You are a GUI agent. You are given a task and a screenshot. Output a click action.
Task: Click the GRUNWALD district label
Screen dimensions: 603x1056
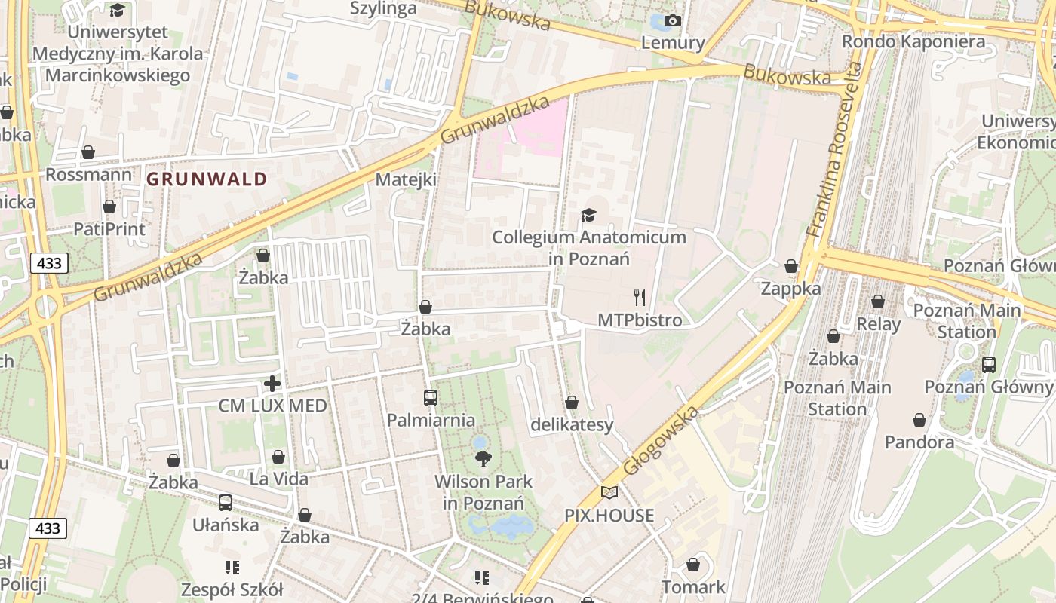click(207, 179)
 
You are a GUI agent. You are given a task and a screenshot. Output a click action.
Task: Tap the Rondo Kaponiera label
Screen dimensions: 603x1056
click(913, 41)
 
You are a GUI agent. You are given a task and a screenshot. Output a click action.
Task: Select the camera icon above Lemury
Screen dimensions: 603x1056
click(673, 21)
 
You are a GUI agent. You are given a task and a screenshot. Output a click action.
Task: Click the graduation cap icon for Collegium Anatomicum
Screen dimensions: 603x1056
click(589, 216)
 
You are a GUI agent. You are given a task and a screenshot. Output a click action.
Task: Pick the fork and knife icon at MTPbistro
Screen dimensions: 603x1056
click(640, 297)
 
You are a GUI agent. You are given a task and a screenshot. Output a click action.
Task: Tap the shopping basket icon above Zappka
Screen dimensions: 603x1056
click(791, 266)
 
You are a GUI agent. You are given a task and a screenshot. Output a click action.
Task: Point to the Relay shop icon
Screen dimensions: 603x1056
click(878, 302)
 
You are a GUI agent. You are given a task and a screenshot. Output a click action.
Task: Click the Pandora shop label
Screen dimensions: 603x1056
click(919, 442)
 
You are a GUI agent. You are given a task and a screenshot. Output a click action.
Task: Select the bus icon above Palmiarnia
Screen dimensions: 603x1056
click(431, 397)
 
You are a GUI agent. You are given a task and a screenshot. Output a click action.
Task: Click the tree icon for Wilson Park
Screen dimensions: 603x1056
click(483, 458)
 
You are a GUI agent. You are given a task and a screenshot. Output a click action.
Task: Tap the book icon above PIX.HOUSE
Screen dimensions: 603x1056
click(609, 493)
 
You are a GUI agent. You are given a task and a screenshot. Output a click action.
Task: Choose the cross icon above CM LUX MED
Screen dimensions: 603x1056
click(272, 384)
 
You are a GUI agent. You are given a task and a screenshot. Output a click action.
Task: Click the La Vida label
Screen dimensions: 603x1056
click(279, 479)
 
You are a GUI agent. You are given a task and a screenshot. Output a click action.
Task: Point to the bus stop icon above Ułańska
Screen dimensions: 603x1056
click(225, 502)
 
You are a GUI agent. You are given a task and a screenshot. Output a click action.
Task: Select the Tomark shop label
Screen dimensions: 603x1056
click(693, 586)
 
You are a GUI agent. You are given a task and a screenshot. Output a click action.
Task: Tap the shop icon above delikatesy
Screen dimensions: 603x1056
click(572, 403)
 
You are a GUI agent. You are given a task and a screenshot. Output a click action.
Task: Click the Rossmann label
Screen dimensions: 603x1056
click(88, 175)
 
